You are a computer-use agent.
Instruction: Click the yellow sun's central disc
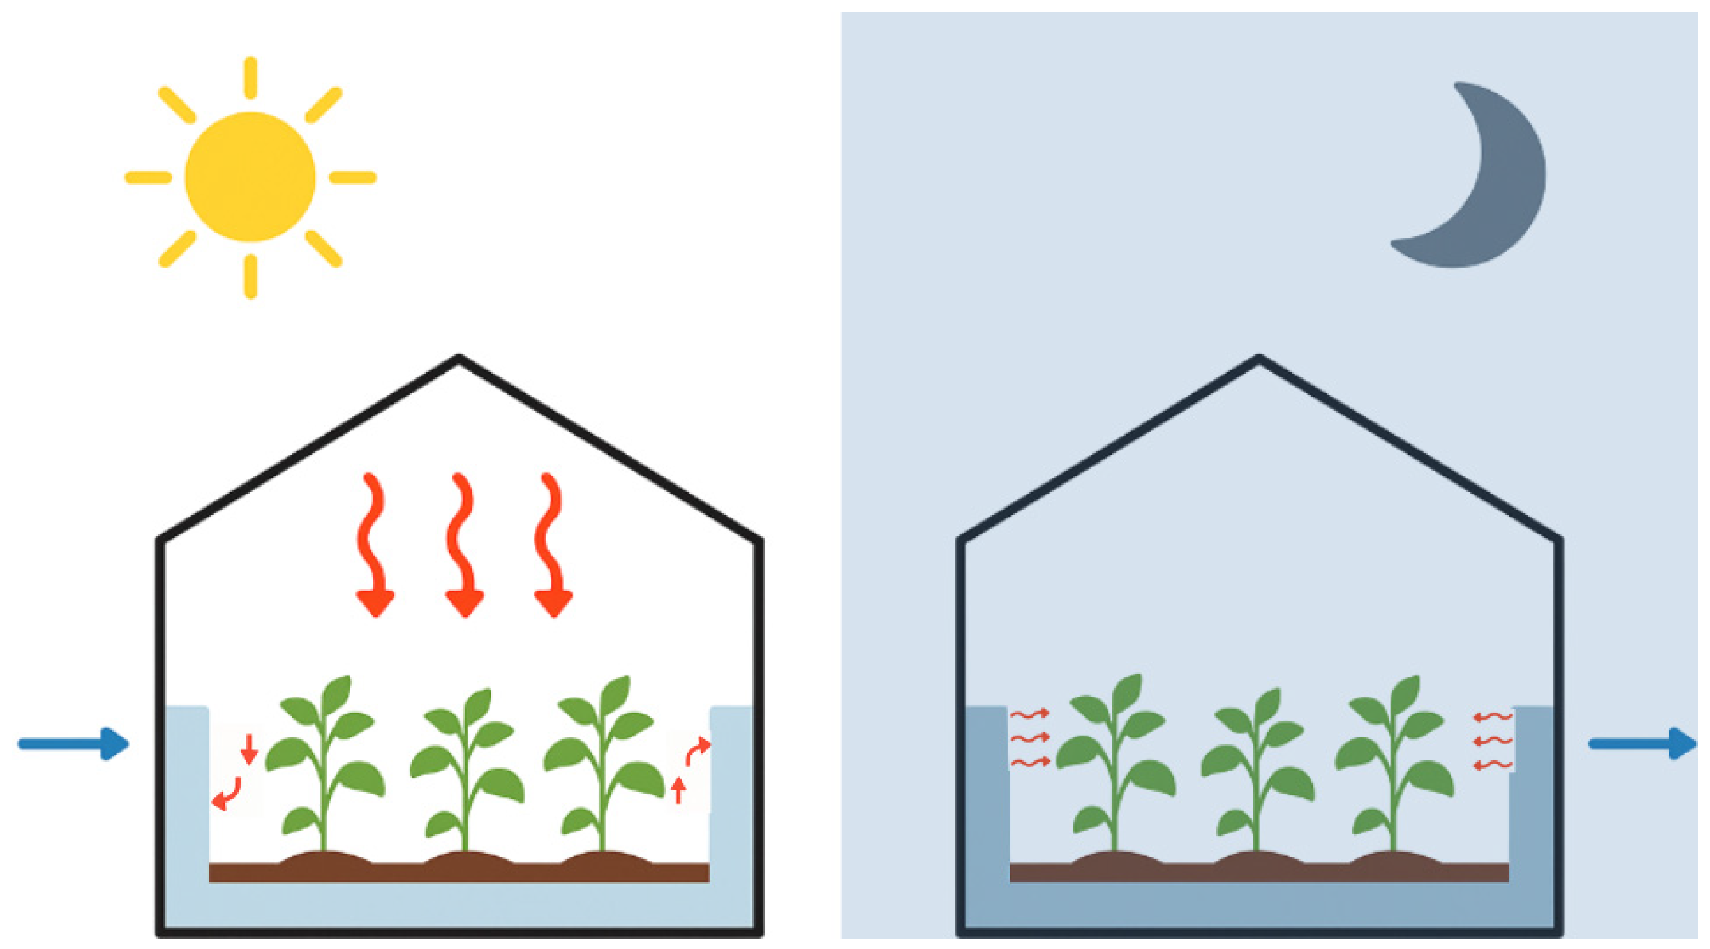(250, 177)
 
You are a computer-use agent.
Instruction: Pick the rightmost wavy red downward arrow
(551, 545)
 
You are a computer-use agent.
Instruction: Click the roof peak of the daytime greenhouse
(458, 360)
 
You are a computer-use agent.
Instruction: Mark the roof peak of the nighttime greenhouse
(1259, 360)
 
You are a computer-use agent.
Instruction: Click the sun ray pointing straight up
(250, 78)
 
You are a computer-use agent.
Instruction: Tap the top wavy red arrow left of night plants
(1029, 714)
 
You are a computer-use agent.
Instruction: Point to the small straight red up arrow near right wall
(678, 790)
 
